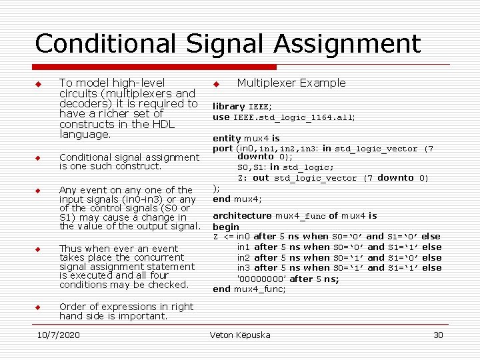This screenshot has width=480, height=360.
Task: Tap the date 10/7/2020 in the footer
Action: [x=58, y=335]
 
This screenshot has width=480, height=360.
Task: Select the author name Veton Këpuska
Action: [x=240, y=335]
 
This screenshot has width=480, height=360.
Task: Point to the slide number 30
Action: [x=438, y=335]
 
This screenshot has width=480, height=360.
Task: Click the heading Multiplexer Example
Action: [x=291, y=83]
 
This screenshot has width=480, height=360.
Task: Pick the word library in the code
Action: [x=229, y=107]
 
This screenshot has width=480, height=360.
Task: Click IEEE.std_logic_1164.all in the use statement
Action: [x=294, y=117]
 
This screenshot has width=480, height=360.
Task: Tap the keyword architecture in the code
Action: [x=242, y=216]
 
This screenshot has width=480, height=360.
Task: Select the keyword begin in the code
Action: [x=226, y=227]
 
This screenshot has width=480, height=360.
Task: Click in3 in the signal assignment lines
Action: [x=244, y=268]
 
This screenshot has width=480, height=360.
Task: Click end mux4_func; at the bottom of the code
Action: [x=249, y=289]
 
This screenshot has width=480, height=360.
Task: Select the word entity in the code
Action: [x=227, y=139]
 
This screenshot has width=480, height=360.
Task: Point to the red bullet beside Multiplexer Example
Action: [x=216, y=84]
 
